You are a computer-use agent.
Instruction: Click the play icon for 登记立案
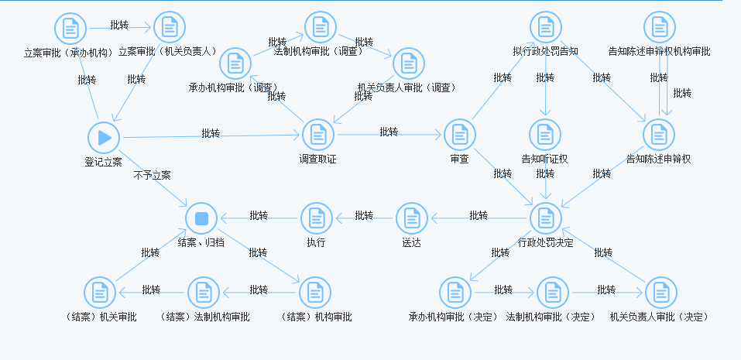(x=104, y=138)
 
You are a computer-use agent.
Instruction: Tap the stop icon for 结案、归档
(x=202, y=218)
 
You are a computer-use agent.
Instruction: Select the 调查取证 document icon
(x=317, y=135)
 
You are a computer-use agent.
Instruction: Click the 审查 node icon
(x=459, y=135)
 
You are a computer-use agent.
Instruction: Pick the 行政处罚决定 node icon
(x=546, y=218)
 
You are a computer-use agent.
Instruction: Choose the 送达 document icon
(x=411, y=218)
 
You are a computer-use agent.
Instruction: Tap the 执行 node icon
(x=316, y=218)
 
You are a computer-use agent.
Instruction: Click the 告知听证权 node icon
(x=545, y=135)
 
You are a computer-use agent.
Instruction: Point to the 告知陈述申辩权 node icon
(x=659, y=135)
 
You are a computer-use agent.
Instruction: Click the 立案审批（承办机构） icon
(x=70, y=29)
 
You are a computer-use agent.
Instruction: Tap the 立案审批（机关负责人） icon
(x=170, y=28)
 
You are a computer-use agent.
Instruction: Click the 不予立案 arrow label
(x=152, y=175)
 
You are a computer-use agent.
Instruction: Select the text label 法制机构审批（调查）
(x=319, y=52)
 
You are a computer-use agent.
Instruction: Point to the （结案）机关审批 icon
(x=100, y=293)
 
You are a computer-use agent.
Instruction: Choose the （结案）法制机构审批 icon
(x=204, y=293)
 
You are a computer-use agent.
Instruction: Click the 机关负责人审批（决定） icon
(x=660, y=293)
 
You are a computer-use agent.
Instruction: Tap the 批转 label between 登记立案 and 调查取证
(x=211, y=133)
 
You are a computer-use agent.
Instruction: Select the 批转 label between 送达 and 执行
(x=364, y=216)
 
